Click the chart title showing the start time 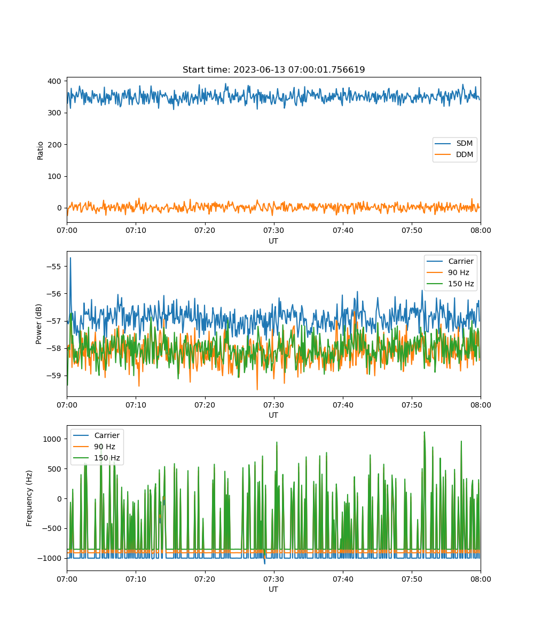tap(273, 69)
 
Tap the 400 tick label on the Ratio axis tap(54, 81)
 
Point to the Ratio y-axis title tap(40, 151)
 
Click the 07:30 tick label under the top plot tap(273, 230)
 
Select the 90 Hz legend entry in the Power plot tap(450, 272)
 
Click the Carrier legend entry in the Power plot tap(450, 261)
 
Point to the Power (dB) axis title tap(38, 324)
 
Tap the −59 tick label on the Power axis tap(53, 376)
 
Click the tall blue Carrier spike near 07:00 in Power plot tap(70, 259)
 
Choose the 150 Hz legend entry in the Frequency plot tap(97, 458)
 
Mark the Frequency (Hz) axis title tap(29, 498)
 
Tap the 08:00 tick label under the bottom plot tap(481, 579)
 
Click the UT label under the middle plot tap(273, 415)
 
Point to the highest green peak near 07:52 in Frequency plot tap(425, 432)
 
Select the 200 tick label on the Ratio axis tap(54, 145)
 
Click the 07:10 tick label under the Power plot tap(136, 405)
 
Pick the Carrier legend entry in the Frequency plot tap(97, 435)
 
